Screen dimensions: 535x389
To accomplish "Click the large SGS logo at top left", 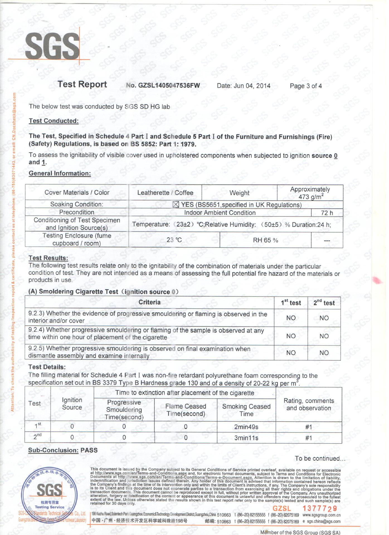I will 52,46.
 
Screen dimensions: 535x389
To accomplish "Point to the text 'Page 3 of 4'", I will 306,86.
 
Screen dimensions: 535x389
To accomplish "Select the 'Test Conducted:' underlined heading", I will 54,121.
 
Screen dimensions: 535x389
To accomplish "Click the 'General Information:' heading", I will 60,173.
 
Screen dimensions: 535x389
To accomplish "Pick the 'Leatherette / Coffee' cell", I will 165,193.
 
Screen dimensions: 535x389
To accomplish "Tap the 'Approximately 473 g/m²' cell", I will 310,193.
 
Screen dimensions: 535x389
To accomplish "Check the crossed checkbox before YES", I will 176,205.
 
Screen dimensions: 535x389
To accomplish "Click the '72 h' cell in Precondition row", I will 327,213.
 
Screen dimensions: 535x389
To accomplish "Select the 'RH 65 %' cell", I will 265,240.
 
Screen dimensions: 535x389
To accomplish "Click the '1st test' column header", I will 291,303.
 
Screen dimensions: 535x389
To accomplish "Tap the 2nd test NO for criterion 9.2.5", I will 324,353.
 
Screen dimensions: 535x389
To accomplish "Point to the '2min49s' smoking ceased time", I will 246,427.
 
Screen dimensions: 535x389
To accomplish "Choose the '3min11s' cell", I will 246,438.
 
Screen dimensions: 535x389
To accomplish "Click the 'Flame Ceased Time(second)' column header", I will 186,410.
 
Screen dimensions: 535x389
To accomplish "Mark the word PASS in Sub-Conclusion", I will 89,450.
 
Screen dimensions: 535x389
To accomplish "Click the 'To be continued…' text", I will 320,458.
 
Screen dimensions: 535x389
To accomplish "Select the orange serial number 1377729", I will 320,509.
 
